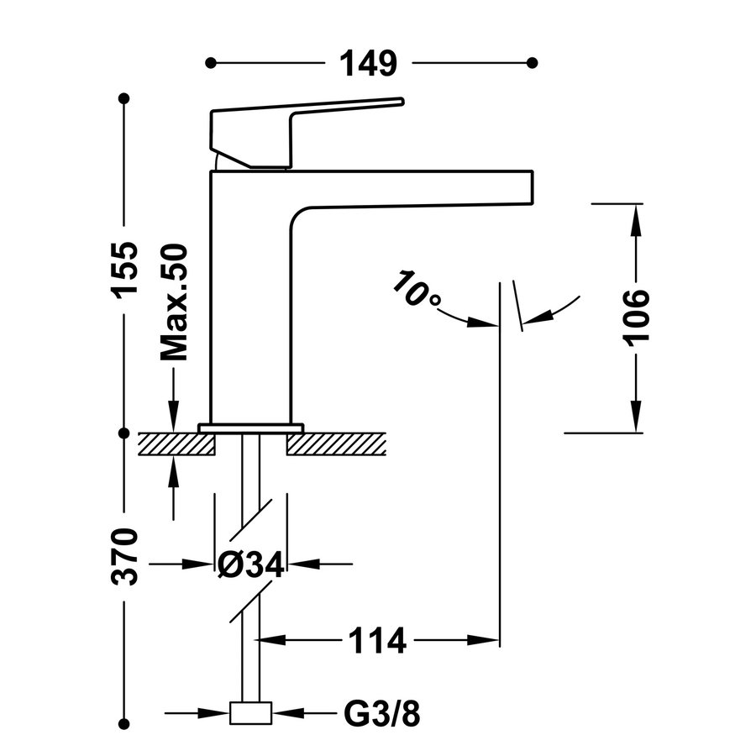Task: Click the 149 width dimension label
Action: point(367,63)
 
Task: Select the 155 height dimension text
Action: point(125,268)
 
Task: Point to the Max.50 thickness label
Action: point(174,303)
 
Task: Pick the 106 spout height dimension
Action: point(636,315)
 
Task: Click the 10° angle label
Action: point(417,291)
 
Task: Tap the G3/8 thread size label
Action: point(381,715)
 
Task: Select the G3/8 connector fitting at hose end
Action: point(251,713)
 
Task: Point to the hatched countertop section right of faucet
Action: point(336,444)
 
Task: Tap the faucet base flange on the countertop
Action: point(250,428)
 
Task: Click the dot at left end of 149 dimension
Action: point(211,63)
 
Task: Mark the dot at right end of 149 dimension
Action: point(532,63)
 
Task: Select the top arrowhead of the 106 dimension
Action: point(636,214)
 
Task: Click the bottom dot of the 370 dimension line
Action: point(125,722)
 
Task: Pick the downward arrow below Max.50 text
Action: point(174,420)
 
